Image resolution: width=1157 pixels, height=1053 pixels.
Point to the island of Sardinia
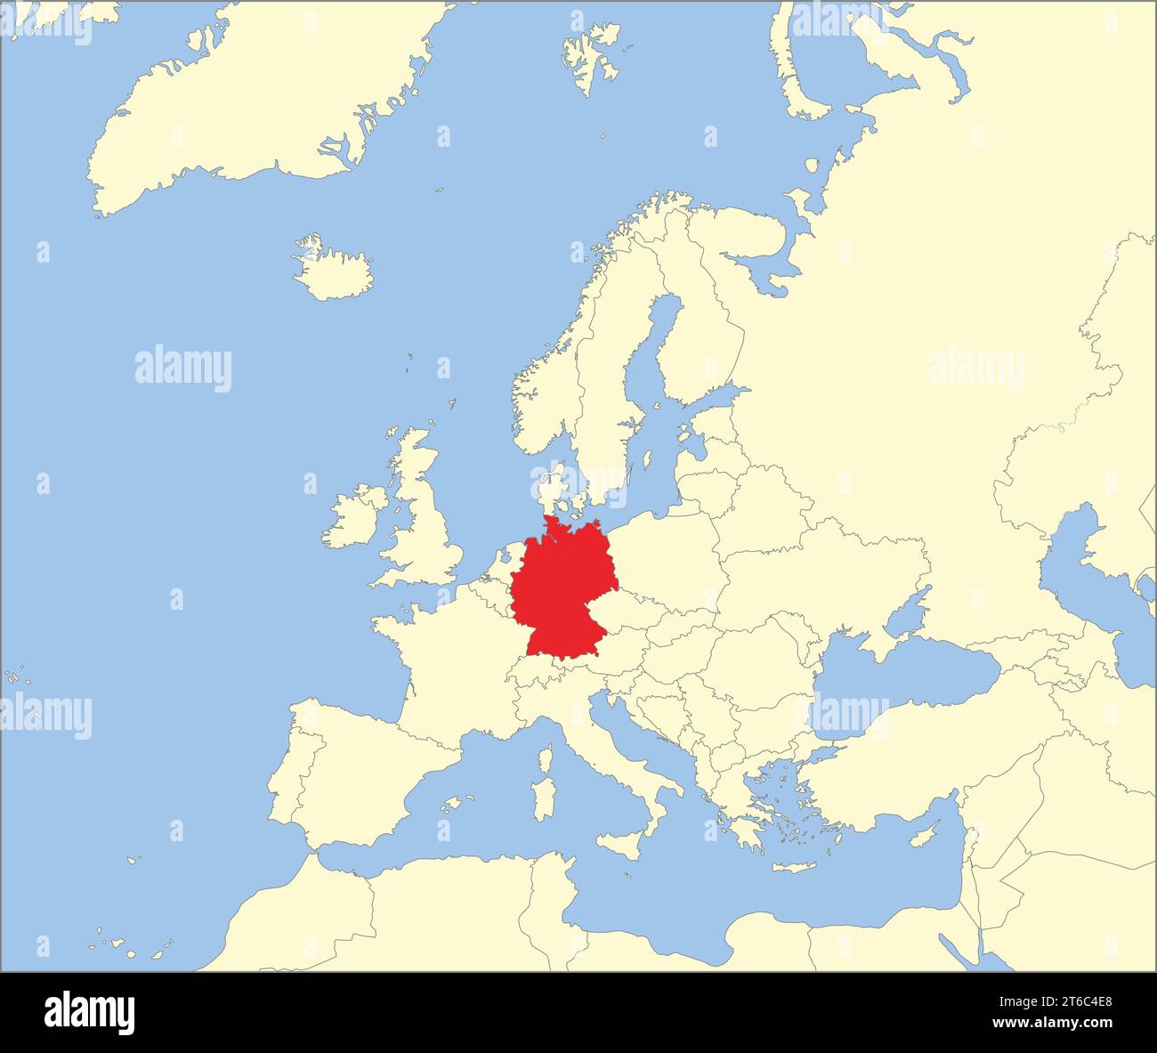[542, 798]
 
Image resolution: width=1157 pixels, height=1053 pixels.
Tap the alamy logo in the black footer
[90, 1012]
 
